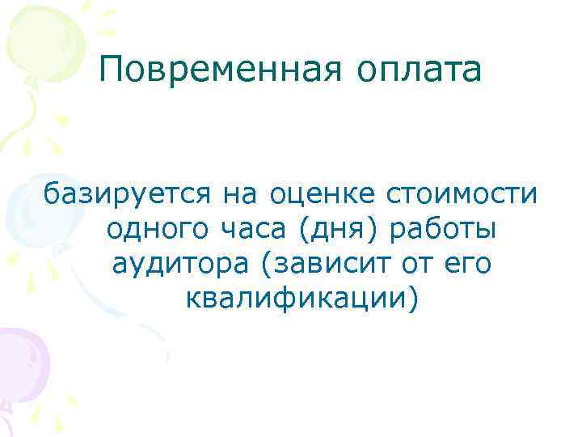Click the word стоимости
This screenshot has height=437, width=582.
pyautogui.click(x=457, y=195)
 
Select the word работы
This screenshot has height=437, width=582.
pyautogui.click(x=443, y=231)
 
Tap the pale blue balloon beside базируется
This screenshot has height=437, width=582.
pyautogui.click(x=20, y=206)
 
